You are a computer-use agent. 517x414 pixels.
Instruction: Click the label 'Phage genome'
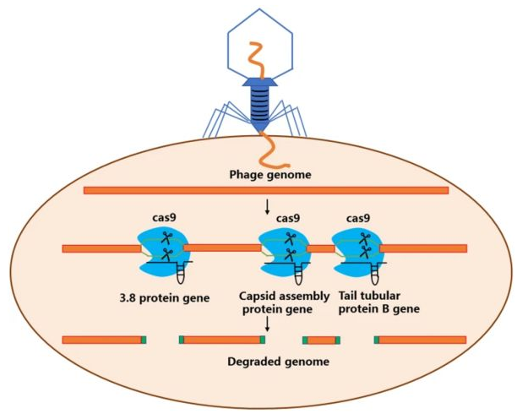click(x=270, y=174)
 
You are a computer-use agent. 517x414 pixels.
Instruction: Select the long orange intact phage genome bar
click(x=266, y=190)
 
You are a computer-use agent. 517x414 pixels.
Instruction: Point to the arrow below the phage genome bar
click(x=268, y=207)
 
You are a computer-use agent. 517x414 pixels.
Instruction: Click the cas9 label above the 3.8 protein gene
click(x=164, y=218)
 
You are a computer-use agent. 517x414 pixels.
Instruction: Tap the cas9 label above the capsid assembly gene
click(x=288, y=218)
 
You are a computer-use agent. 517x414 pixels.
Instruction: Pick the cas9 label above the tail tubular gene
click(x=358, y=218)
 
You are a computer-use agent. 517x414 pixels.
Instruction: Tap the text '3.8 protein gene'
click(x=165, y=298)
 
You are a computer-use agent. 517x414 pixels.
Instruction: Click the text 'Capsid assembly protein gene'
click(x=284, y=302)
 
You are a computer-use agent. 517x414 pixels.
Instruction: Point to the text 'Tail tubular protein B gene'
click(x=379, y=302)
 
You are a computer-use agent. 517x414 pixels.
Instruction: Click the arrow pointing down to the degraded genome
click(x=268, y=324)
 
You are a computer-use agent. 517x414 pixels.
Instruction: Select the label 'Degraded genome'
click(x=278, y=362)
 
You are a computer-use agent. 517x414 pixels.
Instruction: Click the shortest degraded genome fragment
click(x=322, y=340)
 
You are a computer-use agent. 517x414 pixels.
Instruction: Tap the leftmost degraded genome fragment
click(x=104, y=340)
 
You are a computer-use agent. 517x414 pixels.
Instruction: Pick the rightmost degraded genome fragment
click(x=421, y=340)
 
